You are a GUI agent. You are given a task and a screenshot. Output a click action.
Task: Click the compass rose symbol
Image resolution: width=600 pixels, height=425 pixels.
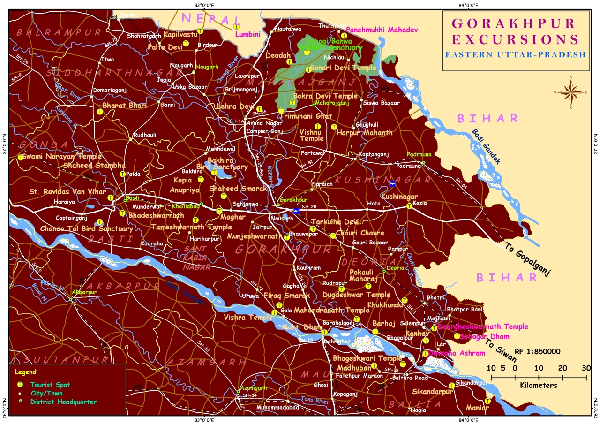tap(570, 91)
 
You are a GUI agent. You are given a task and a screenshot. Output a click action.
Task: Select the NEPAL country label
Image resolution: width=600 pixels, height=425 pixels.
tap(211, 19)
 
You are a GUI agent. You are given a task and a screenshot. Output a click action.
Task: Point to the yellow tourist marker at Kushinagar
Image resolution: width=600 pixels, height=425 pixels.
tap(409, 205)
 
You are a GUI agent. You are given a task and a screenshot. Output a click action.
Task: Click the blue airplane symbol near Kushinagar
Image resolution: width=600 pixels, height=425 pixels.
tap(392, 183)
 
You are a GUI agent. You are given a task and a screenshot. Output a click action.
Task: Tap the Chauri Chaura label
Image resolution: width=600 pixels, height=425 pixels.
tap(360, 233)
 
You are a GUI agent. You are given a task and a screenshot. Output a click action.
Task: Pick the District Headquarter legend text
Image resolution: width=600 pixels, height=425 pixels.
tap(63, 402)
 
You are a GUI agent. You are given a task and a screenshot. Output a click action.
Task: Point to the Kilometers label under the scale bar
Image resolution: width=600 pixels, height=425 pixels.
tap(539, 386)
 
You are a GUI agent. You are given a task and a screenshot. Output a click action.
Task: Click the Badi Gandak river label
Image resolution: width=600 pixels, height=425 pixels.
tap(486, 147)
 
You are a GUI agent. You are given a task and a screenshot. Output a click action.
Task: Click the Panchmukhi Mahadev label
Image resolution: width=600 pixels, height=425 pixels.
tap(381, 30)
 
